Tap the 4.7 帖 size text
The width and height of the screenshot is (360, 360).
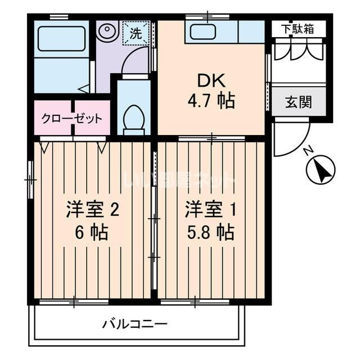(210, 102)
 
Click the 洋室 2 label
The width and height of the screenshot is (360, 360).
(92, 209)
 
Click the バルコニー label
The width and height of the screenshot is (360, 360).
(134, 324)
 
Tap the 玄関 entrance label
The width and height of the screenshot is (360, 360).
(298, 103)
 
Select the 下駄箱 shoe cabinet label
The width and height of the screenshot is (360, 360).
(298, 29)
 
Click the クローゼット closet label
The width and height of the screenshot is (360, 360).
(71, 119)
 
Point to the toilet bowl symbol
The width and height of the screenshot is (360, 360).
(134, 119)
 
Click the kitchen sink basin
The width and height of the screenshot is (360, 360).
(203, 32)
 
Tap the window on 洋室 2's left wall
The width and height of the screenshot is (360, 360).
(30, 180)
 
